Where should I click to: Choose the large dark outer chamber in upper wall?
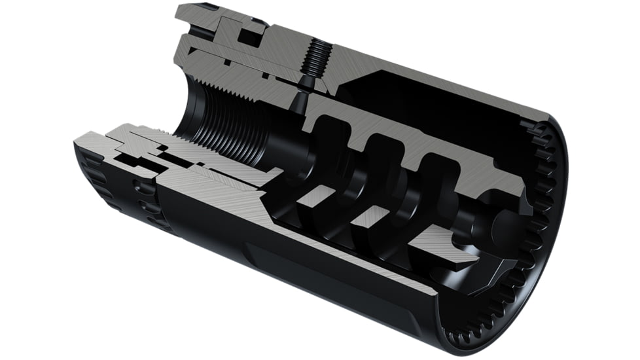(x=425, y=111)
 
